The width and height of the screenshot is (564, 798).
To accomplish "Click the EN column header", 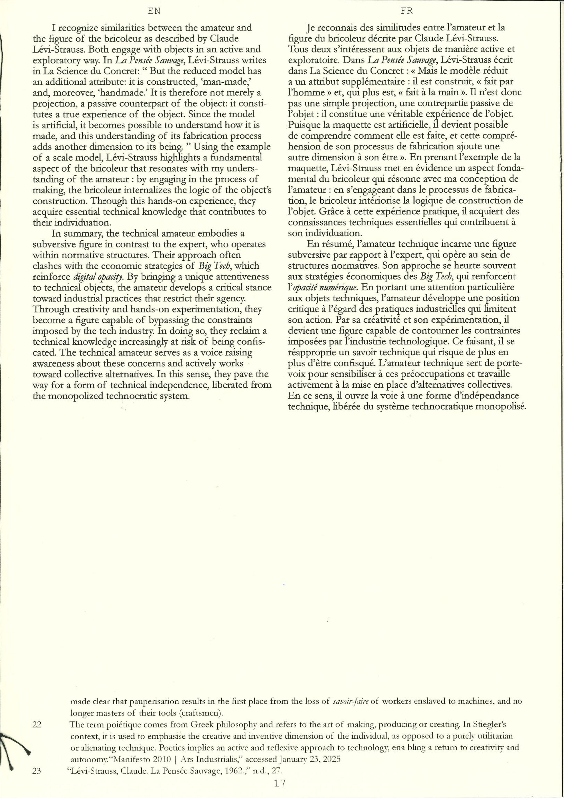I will (154, 11).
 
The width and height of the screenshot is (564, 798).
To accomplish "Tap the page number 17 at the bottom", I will (279, 783).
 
